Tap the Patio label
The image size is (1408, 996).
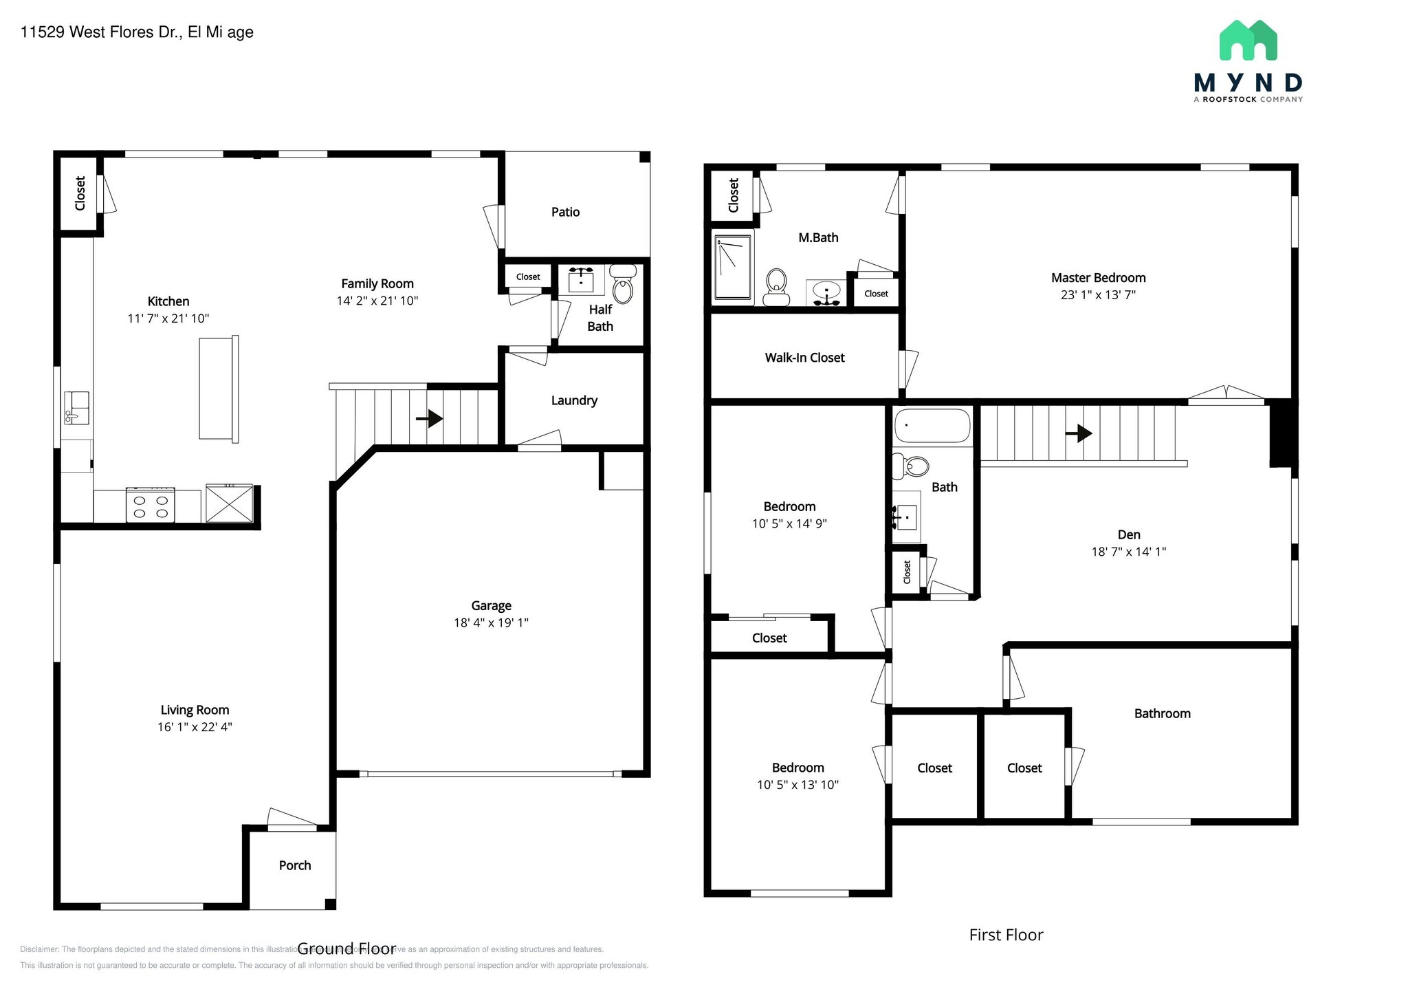565,212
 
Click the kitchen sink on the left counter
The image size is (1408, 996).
76,407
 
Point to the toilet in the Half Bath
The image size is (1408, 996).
623,285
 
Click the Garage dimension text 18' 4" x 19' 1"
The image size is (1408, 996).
491,622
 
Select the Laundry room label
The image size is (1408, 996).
574,400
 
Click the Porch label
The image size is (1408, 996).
294,865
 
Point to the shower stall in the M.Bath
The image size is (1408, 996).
733,268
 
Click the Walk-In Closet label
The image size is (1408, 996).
804,358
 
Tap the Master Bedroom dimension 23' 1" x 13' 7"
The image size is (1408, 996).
1098,295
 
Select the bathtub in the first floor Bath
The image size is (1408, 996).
932,426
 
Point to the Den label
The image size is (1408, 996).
1128,534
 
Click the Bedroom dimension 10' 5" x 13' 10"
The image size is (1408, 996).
797,785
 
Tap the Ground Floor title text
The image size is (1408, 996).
346,949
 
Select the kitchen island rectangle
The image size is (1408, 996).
219,389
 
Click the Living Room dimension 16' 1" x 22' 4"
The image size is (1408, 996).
195,727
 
